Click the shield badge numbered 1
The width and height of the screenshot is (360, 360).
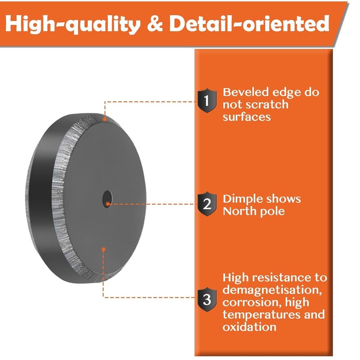click(x=207, y=100)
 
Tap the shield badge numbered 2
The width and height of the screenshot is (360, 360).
click(x=207, y=204)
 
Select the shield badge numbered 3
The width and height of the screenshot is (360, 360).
click(x=207, y=299)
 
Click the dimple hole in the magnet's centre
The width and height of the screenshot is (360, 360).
click(x=107, y=199)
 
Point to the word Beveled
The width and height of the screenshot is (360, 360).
click(x=246, y=92)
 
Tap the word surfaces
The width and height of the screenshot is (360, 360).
click(x=247, y=117)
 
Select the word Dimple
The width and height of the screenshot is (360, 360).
click(x=241, y=199)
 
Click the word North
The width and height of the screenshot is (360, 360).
click(x=239, y=211)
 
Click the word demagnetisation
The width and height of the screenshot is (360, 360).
click(x=272, y=290)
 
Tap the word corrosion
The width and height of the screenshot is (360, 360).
click(x=252, y=302)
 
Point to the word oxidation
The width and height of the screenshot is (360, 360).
click(x=249, y=327)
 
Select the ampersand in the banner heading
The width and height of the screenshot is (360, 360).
click(x=155, y=23)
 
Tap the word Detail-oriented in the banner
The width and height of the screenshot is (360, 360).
click(x=249, y=23)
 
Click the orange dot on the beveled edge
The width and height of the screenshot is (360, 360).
click(x=105, y=119)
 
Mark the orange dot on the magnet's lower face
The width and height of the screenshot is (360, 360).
click(x=103, y=249)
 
